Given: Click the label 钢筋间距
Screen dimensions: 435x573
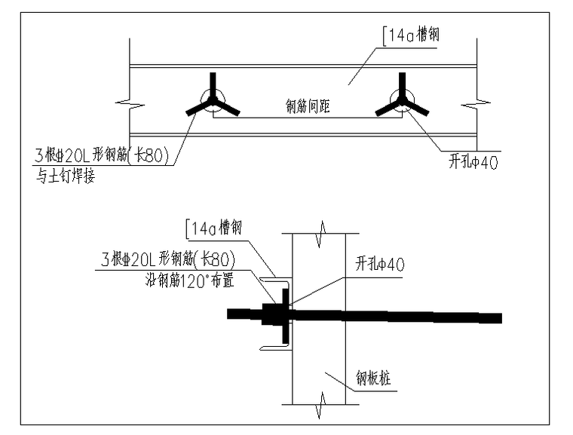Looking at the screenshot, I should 308,107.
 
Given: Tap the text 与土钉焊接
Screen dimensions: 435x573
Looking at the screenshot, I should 66,178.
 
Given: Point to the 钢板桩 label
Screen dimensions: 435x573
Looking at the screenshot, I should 372,375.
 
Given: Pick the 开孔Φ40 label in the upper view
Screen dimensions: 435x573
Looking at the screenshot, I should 473,161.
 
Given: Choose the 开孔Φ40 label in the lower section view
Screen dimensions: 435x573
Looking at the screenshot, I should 381,265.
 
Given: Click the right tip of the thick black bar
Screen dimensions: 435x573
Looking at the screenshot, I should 499,318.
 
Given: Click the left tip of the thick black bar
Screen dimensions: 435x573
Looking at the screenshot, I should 230,314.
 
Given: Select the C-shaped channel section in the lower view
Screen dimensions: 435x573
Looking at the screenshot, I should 275,312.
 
